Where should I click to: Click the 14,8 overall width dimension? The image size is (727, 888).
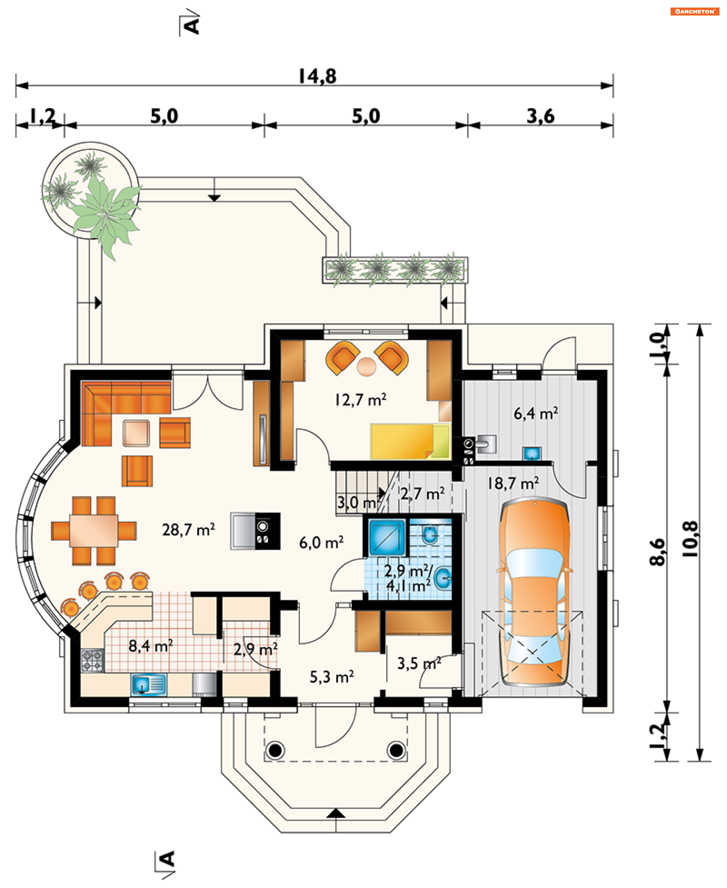(x=317, y=76)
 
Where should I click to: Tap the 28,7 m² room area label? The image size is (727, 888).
(x=189, y=530)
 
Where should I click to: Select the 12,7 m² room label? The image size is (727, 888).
(x=360, y=400)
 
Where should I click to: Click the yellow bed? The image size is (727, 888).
(x=410, y=442)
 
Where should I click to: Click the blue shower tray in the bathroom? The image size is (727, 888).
(x=387, y=537)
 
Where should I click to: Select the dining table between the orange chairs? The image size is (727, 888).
(x=94, y=531)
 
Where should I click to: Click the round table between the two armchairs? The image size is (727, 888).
(x=367, y=367)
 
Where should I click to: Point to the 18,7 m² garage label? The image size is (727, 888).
(x=513, y=484)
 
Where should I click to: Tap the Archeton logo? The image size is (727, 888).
(x=695, y=11)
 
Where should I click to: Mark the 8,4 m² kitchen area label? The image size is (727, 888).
(x=150, y=646)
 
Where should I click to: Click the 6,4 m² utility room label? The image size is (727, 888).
(x=536, y=414)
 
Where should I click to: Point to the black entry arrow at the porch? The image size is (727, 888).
(x=336, y=813)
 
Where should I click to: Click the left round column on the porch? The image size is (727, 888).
(x=275, y=751)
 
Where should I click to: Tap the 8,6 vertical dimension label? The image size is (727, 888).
(x=657, y=552)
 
